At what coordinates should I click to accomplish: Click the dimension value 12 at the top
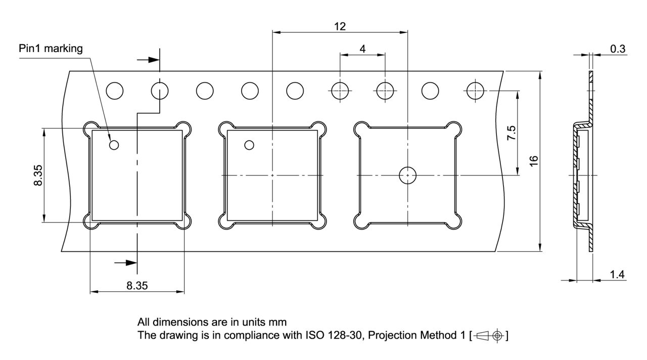(340, 26)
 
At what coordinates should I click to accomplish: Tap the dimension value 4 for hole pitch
(362, 49)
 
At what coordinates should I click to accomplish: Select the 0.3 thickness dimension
(618, 49)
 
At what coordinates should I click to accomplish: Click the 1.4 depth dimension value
(617, 275)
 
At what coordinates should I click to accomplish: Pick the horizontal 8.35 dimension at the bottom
(137, 286)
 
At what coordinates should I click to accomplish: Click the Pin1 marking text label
(51, 49)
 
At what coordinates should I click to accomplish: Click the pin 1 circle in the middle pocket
(249, 146)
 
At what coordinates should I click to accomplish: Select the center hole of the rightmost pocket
(407, 175)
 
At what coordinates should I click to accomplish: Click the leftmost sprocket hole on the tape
(115, 91)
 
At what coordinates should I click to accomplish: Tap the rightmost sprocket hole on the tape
(475, 91)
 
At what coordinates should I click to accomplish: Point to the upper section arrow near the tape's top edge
(147, 60)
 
